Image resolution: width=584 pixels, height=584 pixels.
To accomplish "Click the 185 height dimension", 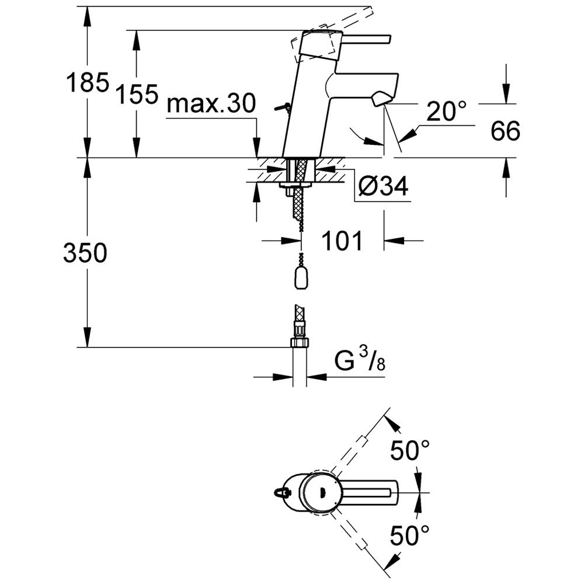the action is (x=88, y=82).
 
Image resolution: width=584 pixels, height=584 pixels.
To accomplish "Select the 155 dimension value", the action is (x=137, y=94).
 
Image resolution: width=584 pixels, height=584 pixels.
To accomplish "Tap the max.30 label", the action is (x=211, y=103).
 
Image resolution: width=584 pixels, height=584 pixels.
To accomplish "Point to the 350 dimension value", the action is (x=85, y=252).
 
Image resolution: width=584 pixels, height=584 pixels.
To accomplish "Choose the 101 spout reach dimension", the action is (x=342, y=241).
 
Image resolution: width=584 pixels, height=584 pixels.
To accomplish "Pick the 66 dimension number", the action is (x=505, y=131).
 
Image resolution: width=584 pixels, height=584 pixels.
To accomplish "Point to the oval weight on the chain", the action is (x=301, y=279).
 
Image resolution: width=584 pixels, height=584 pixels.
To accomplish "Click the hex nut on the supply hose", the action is (x=299, y=342).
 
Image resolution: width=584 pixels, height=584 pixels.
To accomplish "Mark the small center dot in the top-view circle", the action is (x=322, y=492).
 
